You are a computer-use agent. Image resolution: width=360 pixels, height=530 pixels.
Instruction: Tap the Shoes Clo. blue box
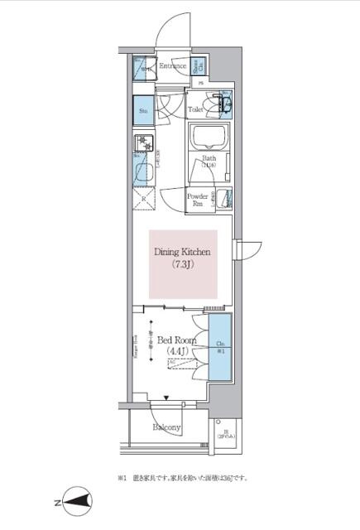[x=199, y=66]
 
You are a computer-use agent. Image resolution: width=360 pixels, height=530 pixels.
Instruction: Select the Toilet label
[x=195, y=108]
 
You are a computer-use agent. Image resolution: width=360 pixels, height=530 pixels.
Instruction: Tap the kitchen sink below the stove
[x=142, y=174]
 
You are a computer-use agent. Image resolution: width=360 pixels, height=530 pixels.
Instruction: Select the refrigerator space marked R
[x=144, y=200]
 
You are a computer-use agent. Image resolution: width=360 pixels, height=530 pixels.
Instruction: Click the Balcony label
[x=167, y=428]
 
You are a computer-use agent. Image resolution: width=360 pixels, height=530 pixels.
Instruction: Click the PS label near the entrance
[x=199, y=83]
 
